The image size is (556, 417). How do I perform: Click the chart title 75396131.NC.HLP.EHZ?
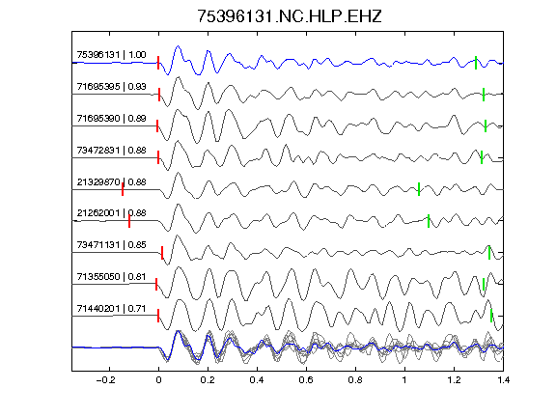(x=290, y=16)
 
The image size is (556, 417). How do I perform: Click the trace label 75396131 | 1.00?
(x=111, y=55)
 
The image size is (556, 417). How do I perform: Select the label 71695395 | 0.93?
(x=111, y=87)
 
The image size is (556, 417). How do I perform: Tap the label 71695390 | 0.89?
(x=111, y=118)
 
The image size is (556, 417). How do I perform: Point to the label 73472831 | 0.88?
(x=111, y=150)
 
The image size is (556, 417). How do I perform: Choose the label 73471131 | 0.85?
(x=111, y=244)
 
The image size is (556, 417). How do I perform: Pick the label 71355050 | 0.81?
(x=111, y=276)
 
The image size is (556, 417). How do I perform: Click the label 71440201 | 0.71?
(x=111, y=309)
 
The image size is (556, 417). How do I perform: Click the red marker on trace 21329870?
(x=123, y=189)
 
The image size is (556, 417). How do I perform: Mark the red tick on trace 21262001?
(x=129, y=220)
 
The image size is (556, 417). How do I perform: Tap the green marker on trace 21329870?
(x=419, y=189)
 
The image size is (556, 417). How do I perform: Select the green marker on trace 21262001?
(x=429, y=221)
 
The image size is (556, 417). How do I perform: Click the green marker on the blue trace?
(x=476, y=63)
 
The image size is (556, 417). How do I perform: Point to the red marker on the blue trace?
(x=158, y=63)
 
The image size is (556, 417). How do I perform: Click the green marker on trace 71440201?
(x=491, y=316)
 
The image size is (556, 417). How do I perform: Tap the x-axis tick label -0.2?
(x=106, y=380)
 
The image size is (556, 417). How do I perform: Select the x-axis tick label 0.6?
(x=306, y=380)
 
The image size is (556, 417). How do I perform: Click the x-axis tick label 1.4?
(x=503, y=380)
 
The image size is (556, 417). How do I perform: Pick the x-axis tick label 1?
(x=404, y=380)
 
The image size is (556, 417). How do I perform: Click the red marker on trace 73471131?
(x=162, y=253)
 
